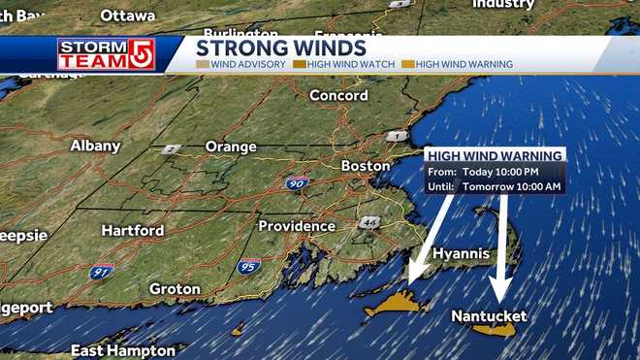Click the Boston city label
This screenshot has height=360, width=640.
click(366, 166)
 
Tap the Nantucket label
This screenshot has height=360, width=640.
click(489, 316)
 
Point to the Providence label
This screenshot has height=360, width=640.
click(296, 226)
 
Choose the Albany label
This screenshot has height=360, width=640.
click(95, 146)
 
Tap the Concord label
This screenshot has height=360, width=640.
click(338, 95)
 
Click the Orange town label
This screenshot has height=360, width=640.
click(231, 147)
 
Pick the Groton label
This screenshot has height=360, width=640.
click(175, 289)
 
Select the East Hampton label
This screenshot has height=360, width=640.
click(122, 350)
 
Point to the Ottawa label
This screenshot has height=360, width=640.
click(127, 16)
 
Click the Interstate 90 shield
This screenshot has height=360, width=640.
click(298, 182)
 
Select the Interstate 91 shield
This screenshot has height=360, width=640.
click(101, 272)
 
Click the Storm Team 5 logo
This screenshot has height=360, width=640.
click(92, 53)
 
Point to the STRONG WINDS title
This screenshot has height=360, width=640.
click(280, 48)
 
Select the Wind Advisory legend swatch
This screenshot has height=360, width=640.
click(202, 65)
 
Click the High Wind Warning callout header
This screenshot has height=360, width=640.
click(494, 155)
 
